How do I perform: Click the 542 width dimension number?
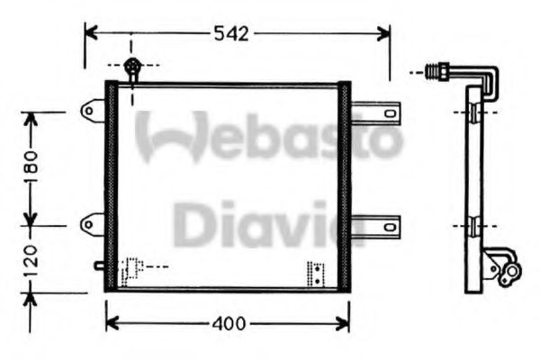click(231, 34)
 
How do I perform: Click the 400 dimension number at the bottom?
click(229, 323)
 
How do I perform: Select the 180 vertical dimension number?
click(31, 167)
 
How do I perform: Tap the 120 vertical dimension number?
click(31, 261)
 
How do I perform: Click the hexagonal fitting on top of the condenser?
click(132, 65)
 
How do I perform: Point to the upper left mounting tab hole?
click(89, 111)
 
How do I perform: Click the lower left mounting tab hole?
click(89, 225)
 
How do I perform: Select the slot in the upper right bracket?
click(390, 113)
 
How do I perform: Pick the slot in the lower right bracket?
click(390, 227)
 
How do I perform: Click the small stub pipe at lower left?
click(100, 265)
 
